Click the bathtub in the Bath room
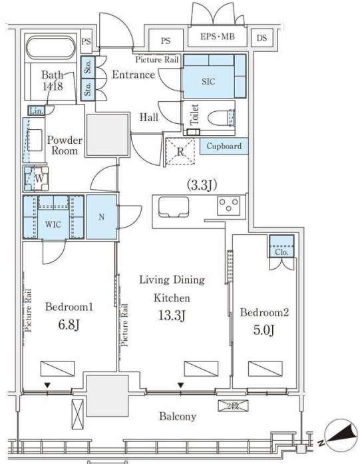pyautogui.click(x=51, y=48)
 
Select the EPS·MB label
pyautogui.click(x=218, y=37)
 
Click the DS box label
pyautogui.click(x=262, y=38)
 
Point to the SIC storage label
pyautogui.click(x=208, y=81)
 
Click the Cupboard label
pyautogui.click(x=224, y=146)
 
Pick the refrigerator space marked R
pyautogui.click(x=180, y=152)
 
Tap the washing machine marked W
pyautogui.click(x=36, y=178)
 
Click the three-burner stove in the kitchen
pyautogui.click(x=228, y=205)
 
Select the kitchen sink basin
pyautogui.click(x=174, y=206)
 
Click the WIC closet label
pyautogui.click(x=53, y=224)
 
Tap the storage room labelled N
pyautogui.click(x=101, y=217)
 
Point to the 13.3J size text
pyautogui.click(x=172, y=316)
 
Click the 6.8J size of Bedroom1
pyautogui.click(x=69, y=325)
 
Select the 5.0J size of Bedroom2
pyautogui.click(x=264, y=330)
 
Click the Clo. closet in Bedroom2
pyautogui.click(x=281, y=246)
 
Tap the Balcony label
pyautogui.click(x=178, y=416)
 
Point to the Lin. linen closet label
pyautogui.click(x=37, y=111)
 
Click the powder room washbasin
pyautogui.click(x=35, y=140)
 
